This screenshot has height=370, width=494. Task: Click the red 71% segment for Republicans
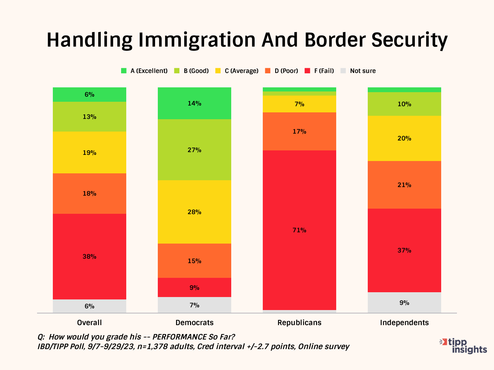[x=299, y=230]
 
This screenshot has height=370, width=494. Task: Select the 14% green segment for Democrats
[x=194, y=103]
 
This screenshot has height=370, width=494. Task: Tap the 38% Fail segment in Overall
[x=89, y=257]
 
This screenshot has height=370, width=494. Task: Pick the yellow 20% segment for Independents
[x=404, y=138]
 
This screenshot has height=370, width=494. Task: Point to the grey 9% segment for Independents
[x=404, y=303]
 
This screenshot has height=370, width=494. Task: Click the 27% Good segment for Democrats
[x=194, y=150]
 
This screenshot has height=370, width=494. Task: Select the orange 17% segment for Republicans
[x=299, y=132]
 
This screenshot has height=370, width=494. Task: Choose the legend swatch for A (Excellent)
[x=124, y=71]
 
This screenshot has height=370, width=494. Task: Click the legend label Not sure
[x=363, y=71]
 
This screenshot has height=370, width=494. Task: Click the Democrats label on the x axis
[x=194, y=323]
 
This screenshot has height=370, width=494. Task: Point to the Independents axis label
[x=404, y=323]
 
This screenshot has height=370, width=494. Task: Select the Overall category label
[x=89, y=323]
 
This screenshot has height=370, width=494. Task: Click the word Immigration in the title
[x=197, y=40]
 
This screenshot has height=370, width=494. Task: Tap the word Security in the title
[x=409, y=40]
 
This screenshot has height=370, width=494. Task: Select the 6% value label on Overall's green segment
[x=89, y=95]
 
